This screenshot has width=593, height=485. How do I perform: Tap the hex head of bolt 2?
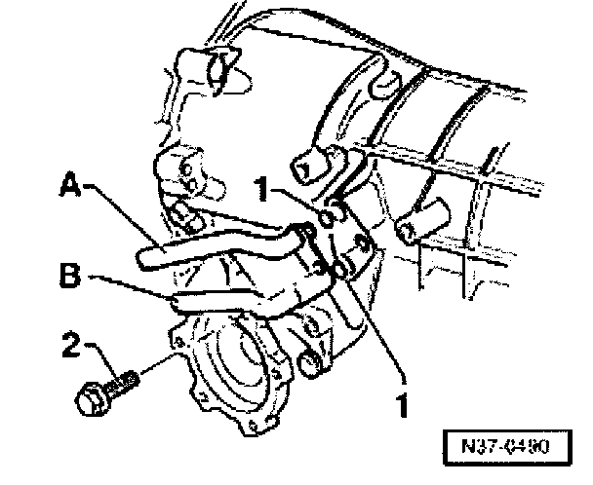(89, 396)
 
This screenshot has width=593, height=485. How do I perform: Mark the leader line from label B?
(127, 284)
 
